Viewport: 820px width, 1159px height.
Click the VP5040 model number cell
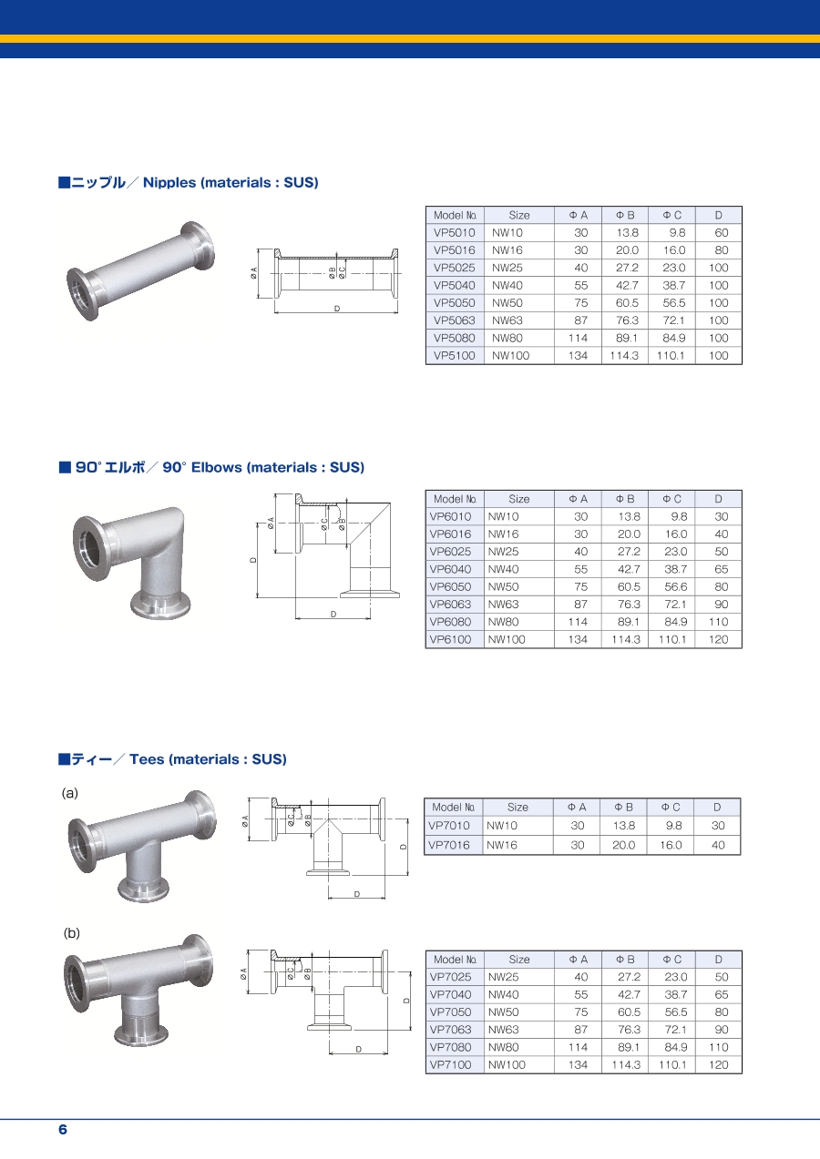tap(454, 285)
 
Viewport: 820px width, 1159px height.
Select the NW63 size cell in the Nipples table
tap(507, 320)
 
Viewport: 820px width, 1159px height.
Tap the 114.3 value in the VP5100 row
tap(624, 355)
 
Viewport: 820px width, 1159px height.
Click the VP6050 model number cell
tap(450, 586)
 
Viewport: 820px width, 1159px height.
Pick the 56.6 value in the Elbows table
tap(675, 586)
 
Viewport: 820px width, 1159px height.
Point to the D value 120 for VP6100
tap(719, 639)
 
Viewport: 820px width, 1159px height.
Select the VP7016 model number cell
tap(449, 845)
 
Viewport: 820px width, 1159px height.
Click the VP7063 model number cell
tap(450, 1030)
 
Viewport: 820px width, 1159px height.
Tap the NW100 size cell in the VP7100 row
tap(507, 1065)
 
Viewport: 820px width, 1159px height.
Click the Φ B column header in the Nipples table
tap(625, 215)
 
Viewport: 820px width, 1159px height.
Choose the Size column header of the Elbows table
tap(518, 499)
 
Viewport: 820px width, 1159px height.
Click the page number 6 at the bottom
tap(63, 1130)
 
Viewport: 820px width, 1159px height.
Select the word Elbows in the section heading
tap(217, 467)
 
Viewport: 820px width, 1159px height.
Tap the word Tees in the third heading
tap(147, 759)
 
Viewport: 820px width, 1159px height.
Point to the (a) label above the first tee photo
tap(70, 793)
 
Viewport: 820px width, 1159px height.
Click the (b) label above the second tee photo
tap(71, 933)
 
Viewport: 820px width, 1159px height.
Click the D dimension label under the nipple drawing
tap(337, 309)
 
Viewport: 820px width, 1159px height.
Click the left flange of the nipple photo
tap(83, 294)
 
